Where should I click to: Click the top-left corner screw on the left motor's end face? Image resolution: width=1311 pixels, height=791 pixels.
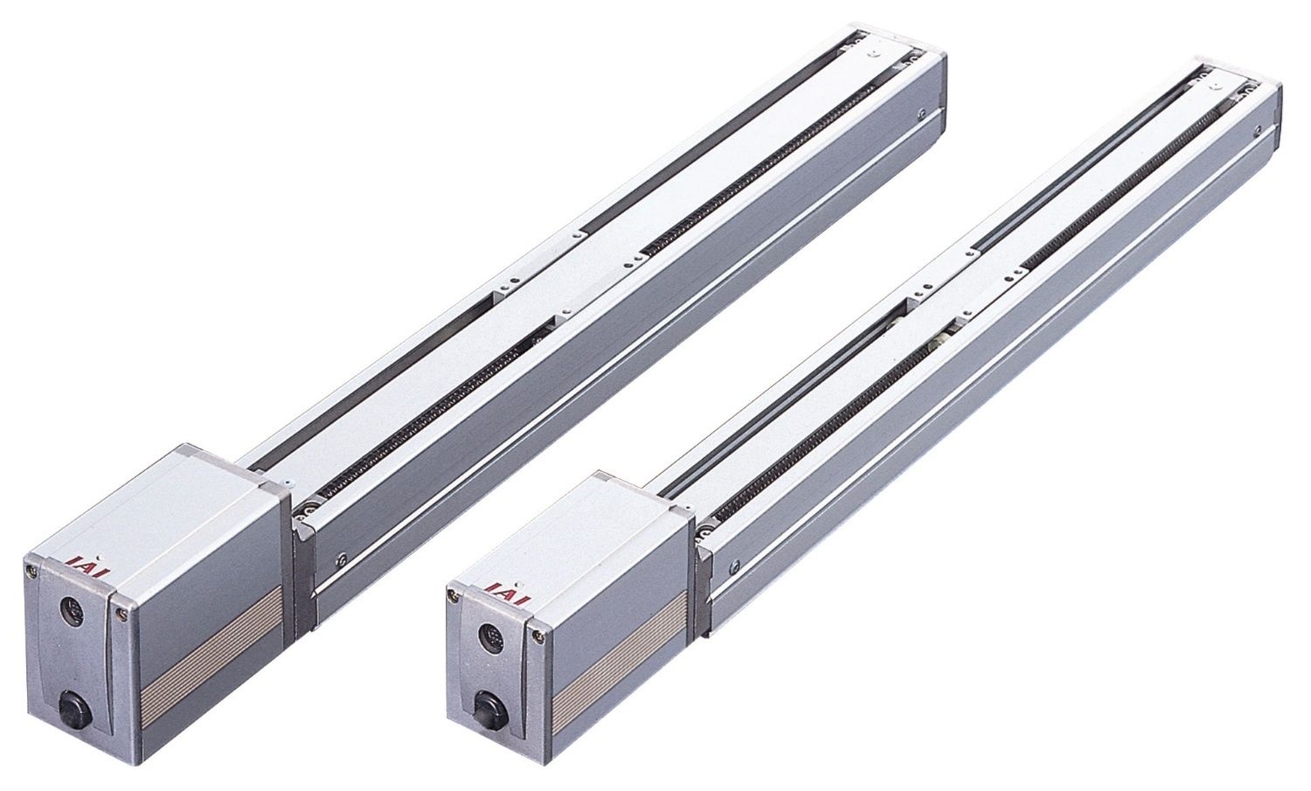coord(27,566)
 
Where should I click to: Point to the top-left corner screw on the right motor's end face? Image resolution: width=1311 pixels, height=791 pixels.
coord(450,595)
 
